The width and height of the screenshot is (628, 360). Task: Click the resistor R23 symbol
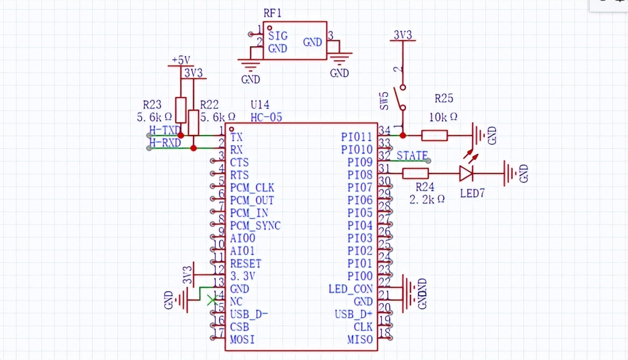(181, 109)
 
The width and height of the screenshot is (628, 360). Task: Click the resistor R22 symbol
(194, 122)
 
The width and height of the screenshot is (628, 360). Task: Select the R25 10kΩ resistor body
(434, 135)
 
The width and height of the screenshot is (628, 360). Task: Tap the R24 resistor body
(415, 173)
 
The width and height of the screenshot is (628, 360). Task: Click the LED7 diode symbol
(466, 173)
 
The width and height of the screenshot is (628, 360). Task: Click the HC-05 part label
(266, 117)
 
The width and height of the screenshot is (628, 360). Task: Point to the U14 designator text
(260, 105)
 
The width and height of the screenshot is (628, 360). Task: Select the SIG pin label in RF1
(278, 36)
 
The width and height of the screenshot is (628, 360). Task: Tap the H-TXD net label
(164, 130)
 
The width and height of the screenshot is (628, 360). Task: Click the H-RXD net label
(164, 143)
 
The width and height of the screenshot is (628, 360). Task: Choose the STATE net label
(412, 156)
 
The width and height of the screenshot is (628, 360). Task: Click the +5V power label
(182, 60)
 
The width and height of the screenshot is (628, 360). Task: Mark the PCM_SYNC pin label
(255, 226)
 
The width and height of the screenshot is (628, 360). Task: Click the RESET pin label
(245, 264)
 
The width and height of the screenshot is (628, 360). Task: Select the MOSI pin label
(242, 340)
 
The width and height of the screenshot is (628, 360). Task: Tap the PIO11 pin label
(357, 137)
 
